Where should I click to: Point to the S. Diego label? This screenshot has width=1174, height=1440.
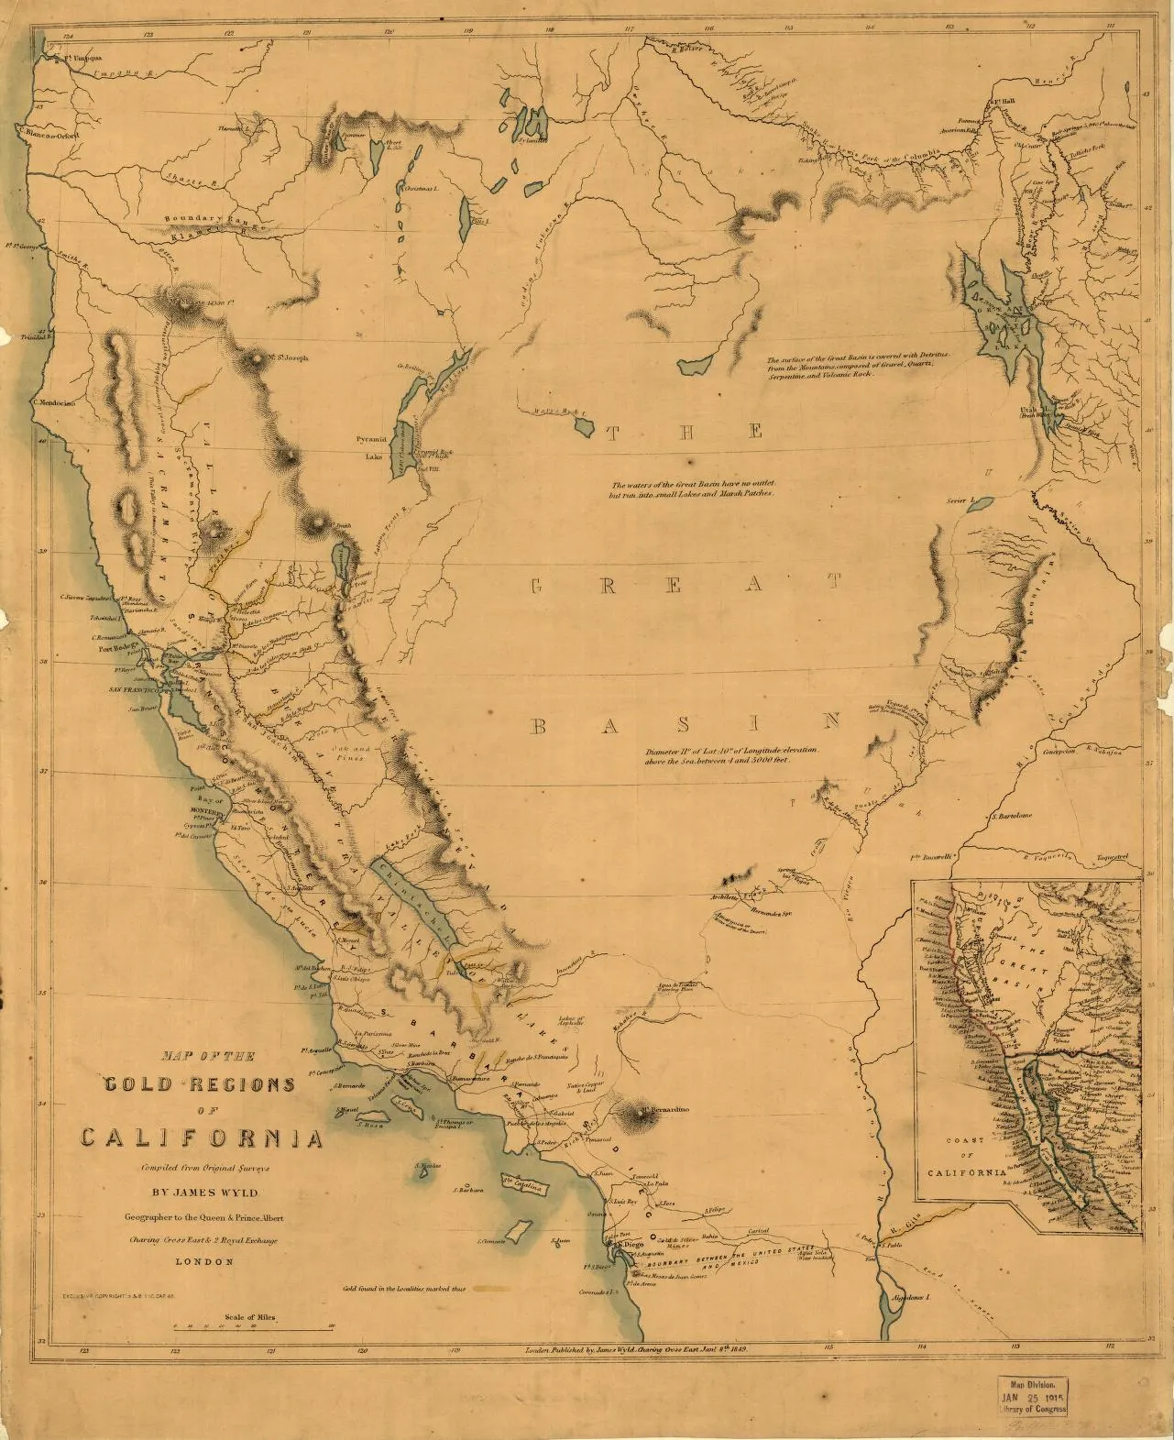pyautogui.click(x=626, y=1246)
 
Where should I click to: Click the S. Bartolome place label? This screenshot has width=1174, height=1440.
pyautogui.click(x=1012, y=815)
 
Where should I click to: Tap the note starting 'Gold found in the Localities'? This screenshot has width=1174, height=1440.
pyautogui.click(x=404, y=1288)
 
